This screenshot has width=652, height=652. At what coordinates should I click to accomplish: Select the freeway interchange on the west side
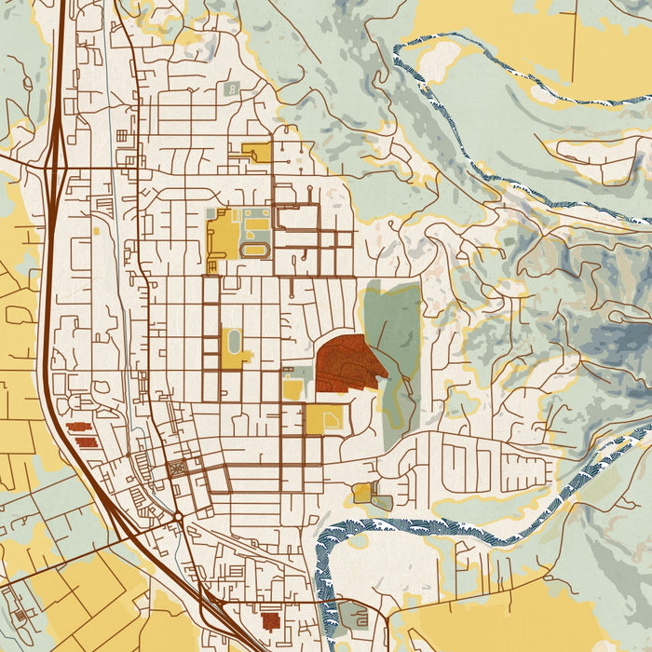53,169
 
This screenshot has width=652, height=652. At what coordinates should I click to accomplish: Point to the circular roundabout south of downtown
178,515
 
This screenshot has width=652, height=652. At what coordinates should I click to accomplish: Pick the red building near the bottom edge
271,620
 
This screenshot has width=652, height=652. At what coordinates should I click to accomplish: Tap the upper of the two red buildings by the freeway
75,428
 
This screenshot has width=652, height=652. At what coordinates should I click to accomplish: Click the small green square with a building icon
230,89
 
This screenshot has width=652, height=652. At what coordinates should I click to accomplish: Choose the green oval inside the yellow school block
233,341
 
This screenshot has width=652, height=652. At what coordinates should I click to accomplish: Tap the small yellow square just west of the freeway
97,228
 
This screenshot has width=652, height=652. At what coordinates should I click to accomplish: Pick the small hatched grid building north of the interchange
121,136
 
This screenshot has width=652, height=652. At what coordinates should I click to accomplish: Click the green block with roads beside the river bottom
353,615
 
